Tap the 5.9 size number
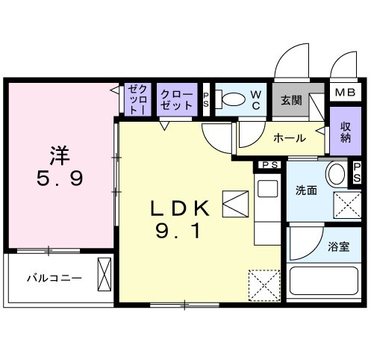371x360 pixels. pos(61,179)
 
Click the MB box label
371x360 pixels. pos(344,93)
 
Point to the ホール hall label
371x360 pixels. pos(288,138)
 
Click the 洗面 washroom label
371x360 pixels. pos(306,190)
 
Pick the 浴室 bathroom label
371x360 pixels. pos(337,246)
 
